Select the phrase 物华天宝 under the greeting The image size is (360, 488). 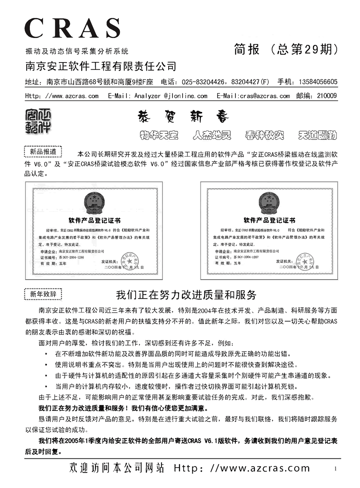[158, 135]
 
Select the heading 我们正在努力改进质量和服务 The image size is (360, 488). [186, 295]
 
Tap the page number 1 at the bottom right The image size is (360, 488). [335, 469]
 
